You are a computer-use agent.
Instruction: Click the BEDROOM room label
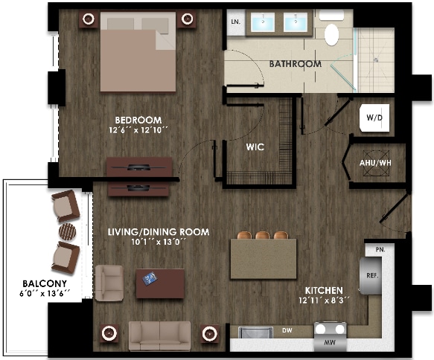click(138, 120)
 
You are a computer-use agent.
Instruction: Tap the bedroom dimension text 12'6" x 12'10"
click(138, 131)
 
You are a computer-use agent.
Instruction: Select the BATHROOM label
click(296, 64)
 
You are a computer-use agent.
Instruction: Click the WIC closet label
click(255, 147)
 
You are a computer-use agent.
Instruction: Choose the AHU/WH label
click(374, 163)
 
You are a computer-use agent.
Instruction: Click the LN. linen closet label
click(236, 23)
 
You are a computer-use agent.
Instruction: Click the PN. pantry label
click(380, 248)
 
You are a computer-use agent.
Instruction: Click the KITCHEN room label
click(323, 290)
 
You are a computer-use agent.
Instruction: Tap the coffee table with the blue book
click(159, 281)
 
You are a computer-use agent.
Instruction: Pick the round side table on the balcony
click(67, 231)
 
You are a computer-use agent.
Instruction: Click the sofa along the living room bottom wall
click(159, 334)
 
